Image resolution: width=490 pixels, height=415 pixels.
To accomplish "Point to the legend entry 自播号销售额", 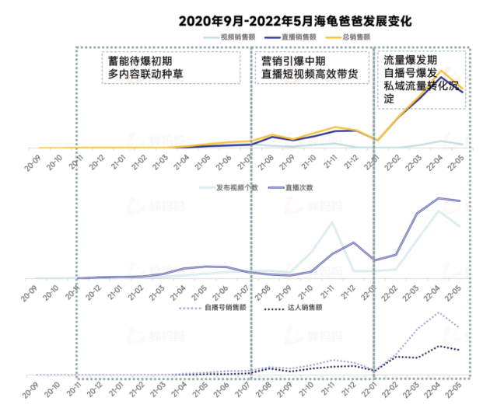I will [221, 307].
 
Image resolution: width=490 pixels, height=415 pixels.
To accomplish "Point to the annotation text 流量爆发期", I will [411, 59].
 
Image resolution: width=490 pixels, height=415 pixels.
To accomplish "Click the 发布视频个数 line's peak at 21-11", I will [332, 222].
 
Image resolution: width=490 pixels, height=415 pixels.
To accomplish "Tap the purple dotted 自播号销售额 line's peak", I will [440, 312].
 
